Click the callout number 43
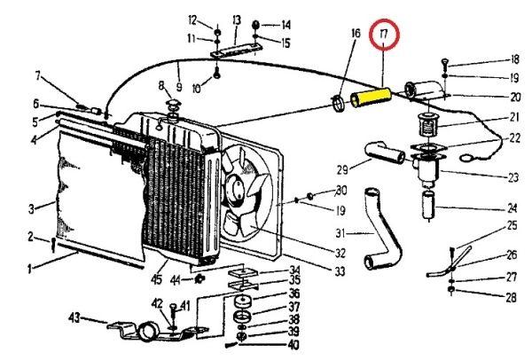[75, 317]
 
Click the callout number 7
[37, 74]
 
